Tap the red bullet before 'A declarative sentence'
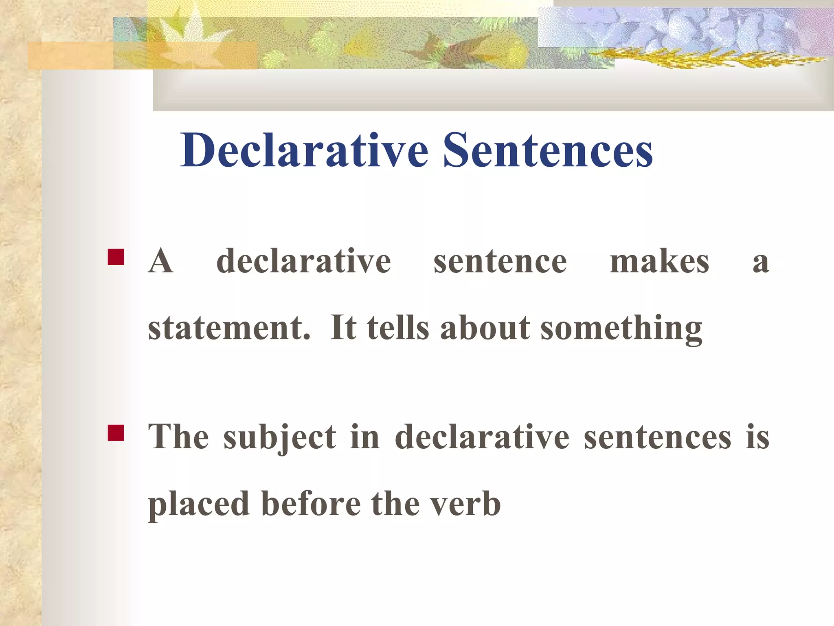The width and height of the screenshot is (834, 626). pyautogui.click(x=116, y=257)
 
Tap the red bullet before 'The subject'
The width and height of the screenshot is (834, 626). pyautogui.click(x=116, y=433)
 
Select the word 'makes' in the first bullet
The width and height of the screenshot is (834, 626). pyautogui.click(x=659, y=261)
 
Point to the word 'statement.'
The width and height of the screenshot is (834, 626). pyautogui.click(x=229, y=328)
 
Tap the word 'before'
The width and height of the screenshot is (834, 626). pyautogui.click(x=311, y=504)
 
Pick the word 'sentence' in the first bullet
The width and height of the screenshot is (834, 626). pyautogui.click(x=500, y=261)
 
